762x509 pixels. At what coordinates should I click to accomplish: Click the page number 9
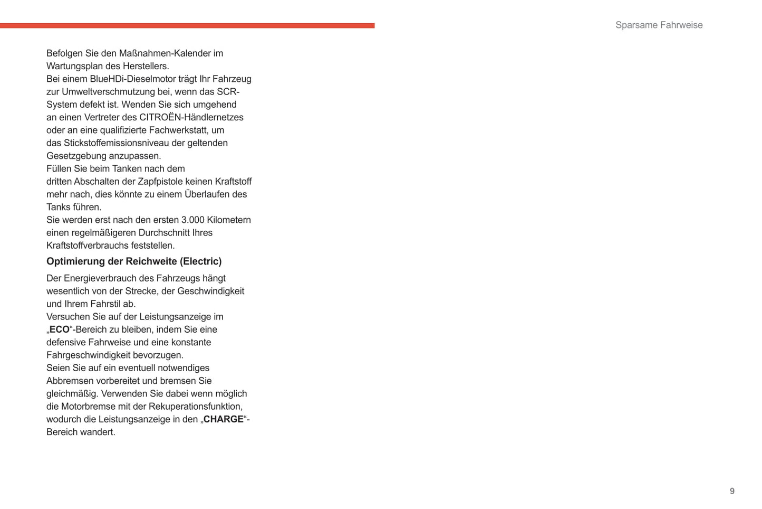[x=731, y=491]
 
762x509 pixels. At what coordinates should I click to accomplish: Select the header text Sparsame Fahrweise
[x=659, y=25]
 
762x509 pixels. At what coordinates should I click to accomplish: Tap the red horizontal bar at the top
[x=187, y=25]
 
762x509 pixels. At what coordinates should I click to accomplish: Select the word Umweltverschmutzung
[x=108, y=92]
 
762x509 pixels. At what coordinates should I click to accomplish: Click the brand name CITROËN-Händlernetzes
[x=191, y=117]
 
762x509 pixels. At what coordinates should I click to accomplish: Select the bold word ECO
[x=60, y=329]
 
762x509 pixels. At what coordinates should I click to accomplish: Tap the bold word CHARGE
[x=224, y=419]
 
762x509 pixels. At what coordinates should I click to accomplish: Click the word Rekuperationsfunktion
[x=195, y=407]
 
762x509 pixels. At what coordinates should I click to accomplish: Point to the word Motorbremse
[x=86, y=407]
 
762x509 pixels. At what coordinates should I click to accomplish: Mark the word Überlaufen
[x=207, y=194]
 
